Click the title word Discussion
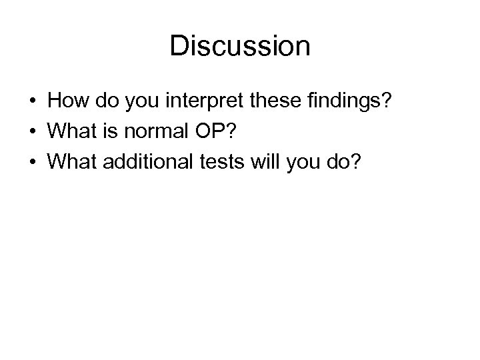(239, 46)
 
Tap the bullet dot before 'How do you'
(32, 101)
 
